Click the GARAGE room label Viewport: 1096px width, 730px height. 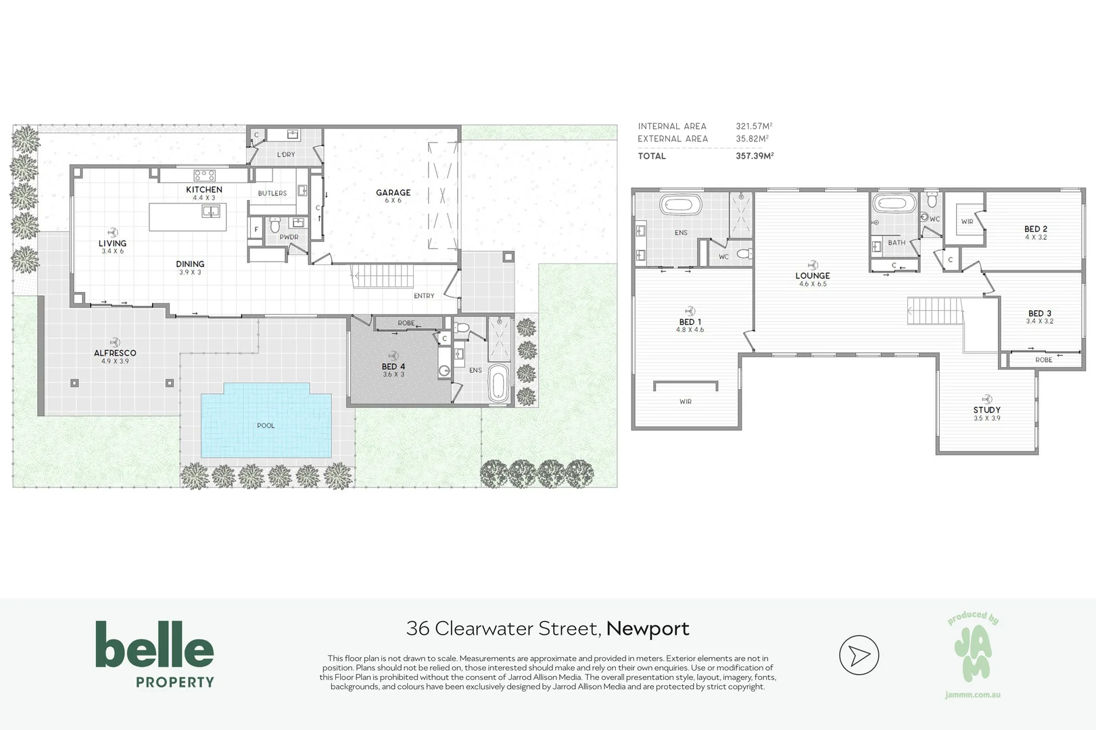(393, 192)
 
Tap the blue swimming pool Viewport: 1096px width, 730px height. (266, 420)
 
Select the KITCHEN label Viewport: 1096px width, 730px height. (204, 189)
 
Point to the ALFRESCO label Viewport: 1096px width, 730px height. (115, 353)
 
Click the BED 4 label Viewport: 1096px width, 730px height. (394, 366)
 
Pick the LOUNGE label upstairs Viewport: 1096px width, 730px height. (813, 276)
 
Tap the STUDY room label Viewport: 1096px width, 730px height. (987, 410)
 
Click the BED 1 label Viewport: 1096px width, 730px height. (690, 322)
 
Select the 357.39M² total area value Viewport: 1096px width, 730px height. (755, 155)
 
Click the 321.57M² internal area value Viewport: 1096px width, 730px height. (754, 126)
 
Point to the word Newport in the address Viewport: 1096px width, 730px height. (648, 628)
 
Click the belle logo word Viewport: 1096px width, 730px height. (155, 644)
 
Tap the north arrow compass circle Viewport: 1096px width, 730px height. (859, 655)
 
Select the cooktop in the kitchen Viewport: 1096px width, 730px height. (204, 175)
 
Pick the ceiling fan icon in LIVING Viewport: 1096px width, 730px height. (112, 233)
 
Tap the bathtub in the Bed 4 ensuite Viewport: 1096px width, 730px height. (498, 383)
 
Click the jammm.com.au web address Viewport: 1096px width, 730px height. (972, 695)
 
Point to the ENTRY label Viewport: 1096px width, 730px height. (424, 295)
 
